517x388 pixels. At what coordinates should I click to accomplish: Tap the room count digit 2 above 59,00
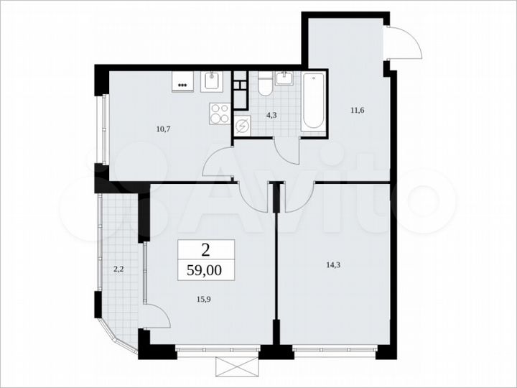tap(206, 250)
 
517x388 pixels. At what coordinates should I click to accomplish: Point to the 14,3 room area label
tap(333, 264)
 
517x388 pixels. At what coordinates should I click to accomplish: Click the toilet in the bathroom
tap(264, 86)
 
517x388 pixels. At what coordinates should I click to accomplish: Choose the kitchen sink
tap(212, 83)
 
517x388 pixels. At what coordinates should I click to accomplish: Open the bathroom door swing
tap(288, 151)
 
